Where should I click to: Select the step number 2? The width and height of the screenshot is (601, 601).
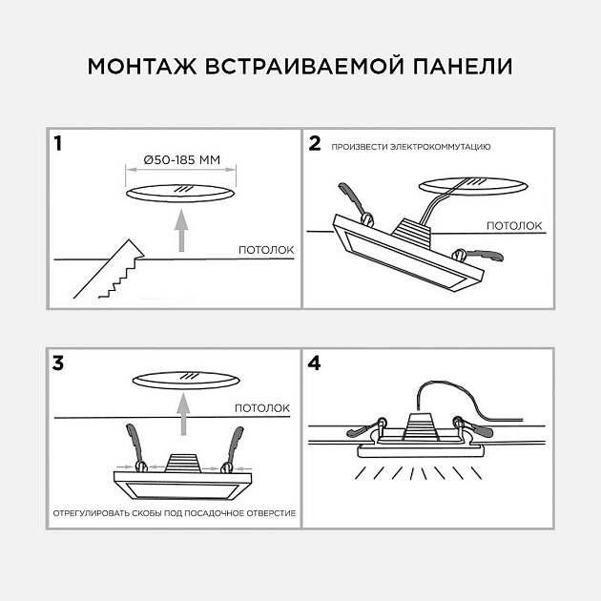[x=316, y=145]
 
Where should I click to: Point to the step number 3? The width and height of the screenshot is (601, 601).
[x=59, y=363]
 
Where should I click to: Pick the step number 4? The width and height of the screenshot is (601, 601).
[x=316, y=363]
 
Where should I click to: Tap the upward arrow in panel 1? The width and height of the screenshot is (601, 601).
[x=180, y=232]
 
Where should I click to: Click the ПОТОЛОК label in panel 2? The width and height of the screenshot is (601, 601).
[x=515, y=226]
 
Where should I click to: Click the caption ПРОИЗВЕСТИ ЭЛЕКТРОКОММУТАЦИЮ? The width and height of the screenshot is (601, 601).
[x=411, y=148]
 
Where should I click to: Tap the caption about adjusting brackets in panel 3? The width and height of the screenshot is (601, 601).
[x=174, y=513]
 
